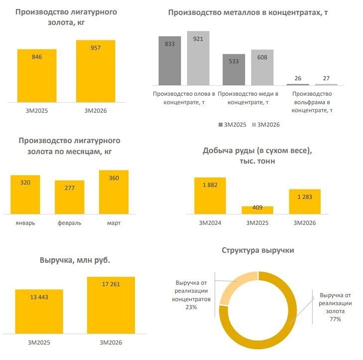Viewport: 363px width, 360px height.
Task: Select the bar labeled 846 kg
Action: coord(37,76)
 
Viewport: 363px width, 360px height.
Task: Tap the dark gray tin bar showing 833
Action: coord(169,61)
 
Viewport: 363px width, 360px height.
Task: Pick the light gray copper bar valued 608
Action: coord(262,67)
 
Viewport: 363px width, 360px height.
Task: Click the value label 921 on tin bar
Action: coord(198,39)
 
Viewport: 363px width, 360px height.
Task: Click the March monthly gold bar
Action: coord(114,192)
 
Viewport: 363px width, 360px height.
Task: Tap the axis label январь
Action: coord(25,223)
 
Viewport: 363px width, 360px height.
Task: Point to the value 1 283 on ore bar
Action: coord(305,197)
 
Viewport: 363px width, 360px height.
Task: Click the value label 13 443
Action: coord(39,298)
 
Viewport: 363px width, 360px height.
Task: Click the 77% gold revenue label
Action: coord(335,319)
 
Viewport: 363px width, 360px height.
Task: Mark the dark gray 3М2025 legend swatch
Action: coord(220,125)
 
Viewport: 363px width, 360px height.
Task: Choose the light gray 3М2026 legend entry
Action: coord(266,125)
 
